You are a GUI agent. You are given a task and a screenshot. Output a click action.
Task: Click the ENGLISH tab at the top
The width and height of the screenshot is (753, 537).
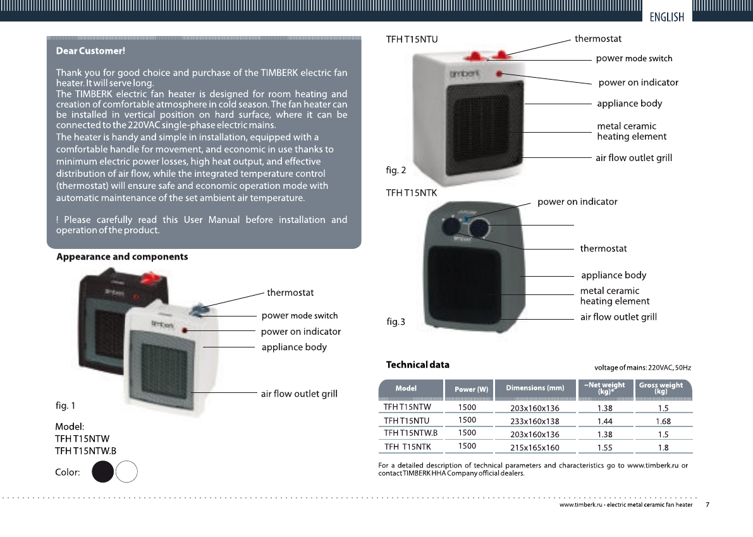click(667, 17)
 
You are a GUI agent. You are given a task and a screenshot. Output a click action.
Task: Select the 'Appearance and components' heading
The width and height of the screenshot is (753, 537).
click(122, 257)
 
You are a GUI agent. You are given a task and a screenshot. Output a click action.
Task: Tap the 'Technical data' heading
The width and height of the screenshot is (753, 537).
click(418, 365)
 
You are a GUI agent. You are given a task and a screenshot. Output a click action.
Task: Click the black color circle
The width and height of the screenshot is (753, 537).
click(103, 472)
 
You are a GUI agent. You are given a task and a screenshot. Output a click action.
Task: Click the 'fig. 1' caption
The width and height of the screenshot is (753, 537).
click(66, 404)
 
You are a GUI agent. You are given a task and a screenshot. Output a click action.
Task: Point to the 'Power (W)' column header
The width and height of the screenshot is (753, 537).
click(471, 389)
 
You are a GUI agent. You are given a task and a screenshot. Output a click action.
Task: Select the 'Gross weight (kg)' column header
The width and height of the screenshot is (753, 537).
click(661, 388)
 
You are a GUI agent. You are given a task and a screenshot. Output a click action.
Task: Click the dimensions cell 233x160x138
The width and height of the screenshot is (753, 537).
click(535, 421)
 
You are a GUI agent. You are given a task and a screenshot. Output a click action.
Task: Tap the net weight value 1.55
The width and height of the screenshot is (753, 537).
click(605, 448)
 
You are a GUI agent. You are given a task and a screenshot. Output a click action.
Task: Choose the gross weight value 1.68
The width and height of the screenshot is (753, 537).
click(663, 421)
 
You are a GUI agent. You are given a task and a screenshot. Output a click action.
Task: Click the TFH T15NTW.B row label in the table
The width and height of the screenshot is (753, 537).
click(411, 433)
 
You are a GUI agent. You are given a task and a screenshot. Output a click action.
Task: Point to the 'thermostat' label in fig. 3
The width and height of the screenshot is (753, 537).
click(603, 248)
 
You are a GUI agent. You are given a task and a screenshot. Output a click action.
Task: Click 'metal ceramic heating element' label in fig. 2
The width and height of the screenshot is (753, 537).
click(631, 131)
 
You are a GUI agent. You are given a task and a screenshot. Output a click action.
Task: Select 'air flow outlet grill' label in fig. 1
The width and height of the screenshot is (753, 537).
click(299, 394)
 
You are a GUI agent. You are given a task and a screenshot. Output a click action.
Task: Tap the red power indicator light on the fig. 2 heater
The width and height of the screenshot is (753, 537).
click(499, 74)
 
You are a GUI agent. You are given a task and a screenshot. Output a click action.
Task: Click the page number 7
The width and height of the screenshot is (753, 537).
click(707, 505)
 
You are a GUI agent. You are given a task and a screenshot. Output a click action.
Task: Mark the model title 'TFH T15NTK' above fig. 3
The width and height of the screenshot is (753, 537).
click(412, 192)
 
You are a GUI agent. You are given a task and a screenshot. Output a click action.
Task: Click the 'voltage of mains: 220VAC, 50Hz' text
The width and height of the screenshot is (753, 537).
click(642, 368)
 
